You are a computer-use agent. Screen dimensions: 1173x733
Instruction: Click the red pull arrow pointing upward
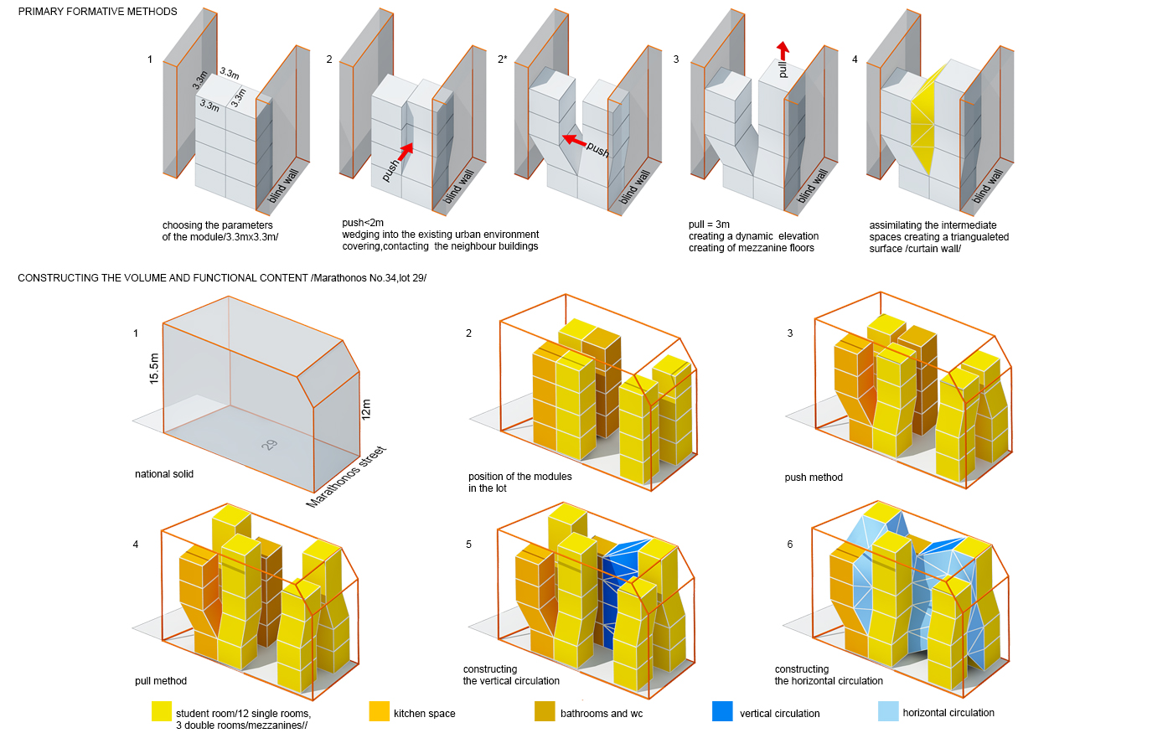click(783, 51)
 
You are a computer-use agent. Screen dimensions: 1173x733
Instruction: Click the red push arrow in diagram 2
click(406, 152)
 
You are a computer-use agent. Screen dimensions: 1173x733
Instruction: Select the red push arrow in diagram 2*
click(574, 140)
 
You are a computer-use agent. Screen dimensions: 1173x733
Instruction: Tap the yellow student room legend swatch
click(161, 711)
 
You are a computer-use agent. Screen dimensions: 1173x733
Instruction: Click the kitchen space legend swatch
click(379, 711)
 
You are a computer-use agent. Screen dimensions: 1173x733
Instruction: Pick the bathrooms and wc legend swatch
click(545, 711)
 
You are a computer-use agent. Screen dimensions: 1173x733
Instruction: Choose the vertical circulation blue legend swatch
click(722, 711)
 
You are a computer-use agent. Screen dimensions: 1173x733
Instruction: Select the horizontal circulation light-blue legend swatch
click(888, 711)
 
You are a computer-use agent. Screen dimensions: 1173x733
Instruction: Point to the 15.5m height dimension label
click(153, 369)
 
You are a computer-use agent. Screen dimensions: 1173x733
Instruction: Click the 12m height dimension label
click(365, 409)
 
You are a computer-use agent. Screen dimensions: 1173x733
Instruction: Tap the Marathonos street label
click(345, 477)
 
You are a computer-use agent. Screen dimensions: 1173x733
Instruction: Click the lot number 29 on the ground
click(269, 445)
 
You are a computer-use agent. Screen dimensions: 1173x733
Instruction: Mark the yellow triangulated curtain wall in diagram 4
click(926, 123)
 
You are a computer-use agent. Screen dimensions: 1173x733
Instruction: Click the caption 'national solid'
click(164, 474)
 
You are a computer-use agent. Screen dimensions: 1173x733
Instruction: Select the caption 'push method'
click(814, 477)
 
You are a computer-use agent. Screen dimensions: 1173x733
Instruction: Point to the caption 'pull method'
click(161, 680)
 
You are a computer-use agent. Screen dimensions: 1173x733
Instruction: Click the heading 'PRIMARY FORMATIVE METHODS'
click(97, 12)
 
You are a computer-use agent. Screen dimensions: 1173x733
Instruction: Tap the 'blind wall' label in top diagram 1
click(283, 186)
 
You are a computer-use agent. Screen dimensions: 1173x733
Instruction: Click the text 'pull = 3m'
click(709, 225)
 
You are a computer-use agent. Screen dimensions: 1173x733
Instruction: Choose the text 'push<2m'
click(362, 223)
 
